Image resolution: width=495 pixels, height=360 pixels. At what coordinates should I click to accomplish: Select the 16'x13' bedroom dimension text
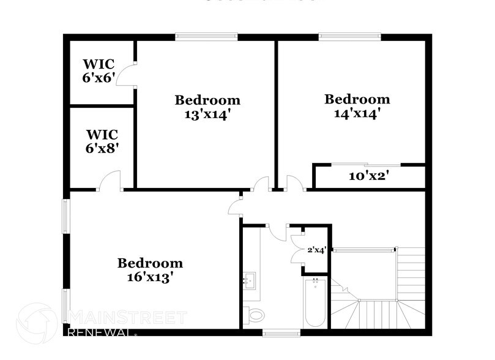151,277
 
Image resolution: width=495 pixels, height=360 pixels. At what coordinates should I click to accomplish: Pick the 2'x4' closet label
316,250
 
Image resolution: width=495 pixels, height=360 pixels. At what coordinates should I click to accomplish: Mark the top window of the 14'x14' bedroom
349,37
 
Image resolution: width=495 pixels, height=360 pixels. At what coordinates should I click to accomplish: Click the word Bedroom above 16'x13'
151,263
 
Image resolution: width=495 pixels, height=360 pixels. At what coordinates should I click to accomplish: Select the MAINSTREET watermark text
128,317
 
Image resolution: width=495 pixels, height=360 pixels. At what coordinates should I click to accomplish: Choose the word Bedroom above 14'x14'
357,99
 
